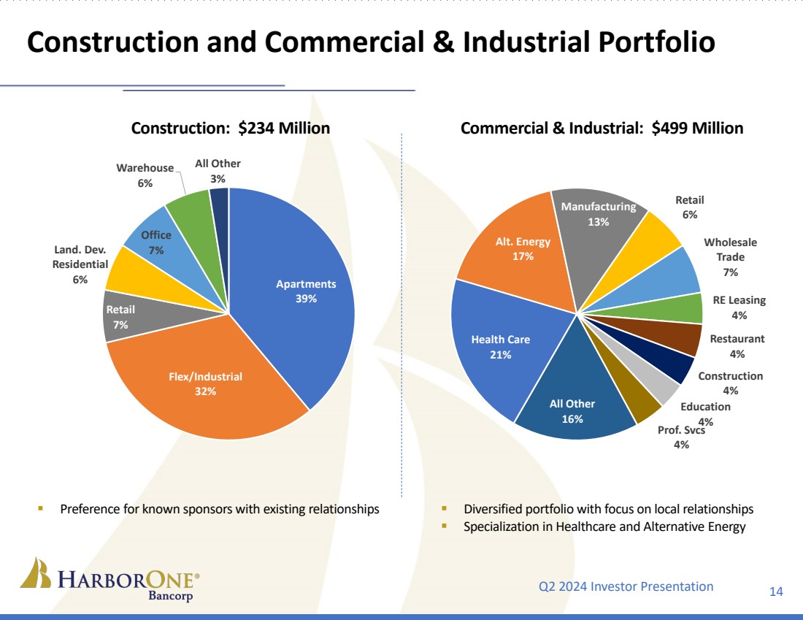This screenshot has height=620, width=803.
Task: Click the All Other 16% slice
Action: (572, 411)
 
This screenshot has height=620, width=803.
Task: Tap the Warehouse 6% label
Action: (145, 175)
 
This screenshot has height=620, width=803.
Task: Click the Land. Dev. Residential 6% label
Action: (80, 264)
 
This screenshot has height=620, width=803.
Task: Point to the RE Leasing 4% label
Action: (739, 307)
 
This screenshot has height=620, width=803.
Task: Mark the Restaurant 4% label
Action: (737, 346)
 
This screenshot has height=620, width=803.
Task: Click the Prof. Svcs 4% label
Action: (681, 437)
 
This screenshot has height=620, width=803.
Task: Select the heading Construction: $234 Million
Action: (230, 129)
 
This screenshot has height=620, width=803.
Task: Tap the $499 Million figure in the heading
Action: (697, 129)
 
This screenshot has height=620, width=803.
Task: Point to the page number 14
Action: (776, 592)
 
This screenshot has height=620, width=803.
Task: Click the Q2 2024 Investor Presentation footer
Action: (626, 586)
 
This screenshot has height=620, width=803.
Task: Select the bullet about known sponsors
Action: (219, 509)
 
